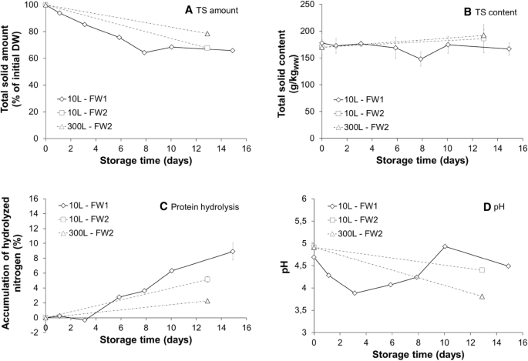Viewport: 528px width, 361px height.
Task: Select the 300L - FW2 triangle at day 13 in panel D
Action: click(x=482, y=296)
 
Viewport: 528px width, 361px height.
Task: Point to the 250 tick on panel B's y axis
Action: click(x=304, y=5)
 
